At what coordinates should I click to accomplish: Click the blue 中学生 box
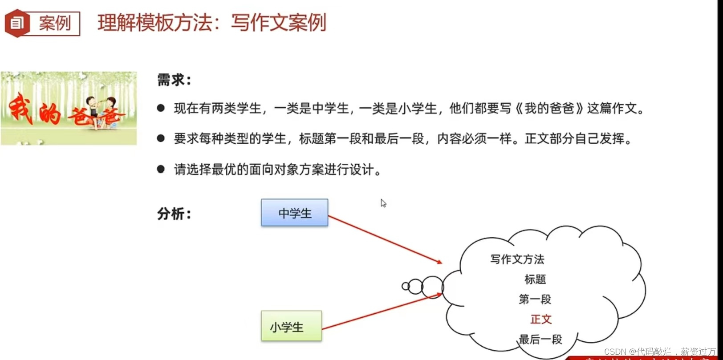coord(295,213)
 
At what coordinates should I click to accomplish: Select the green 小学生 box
coord(292,327)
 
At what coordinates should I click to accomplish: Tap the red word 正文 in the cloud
coord(541,319)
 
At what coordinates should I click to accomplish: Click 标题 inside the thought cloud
coord(535,279)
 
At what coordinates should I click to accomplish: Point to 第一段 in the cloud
coord(535,299)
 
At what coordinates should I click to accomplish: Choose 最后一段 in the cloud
coord(540,340)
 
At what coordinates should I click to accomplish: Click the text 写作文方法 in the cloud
coord(517,259)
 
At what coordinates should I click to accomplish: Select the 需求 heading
coord(174,81)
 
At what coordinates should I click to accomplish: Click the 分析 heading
coord(174,214)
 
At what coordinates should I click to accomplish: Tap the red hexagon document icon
coord(17,23)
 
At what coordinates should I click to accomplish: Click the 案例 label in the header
coord(55,23)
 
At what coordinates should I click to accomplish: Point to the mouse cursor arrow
coord(383,203)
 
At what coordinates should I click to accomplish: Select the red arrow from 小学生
coord(382,311)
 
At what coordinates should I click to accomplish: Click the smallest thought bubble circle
coord(406,286)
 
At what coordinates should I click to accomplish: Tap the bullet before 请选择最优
coord(161,169)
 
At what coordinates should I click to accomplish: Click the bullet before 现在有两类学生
coord(161,108)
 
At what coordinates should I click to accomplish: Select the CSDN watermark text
coord(660,352)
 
